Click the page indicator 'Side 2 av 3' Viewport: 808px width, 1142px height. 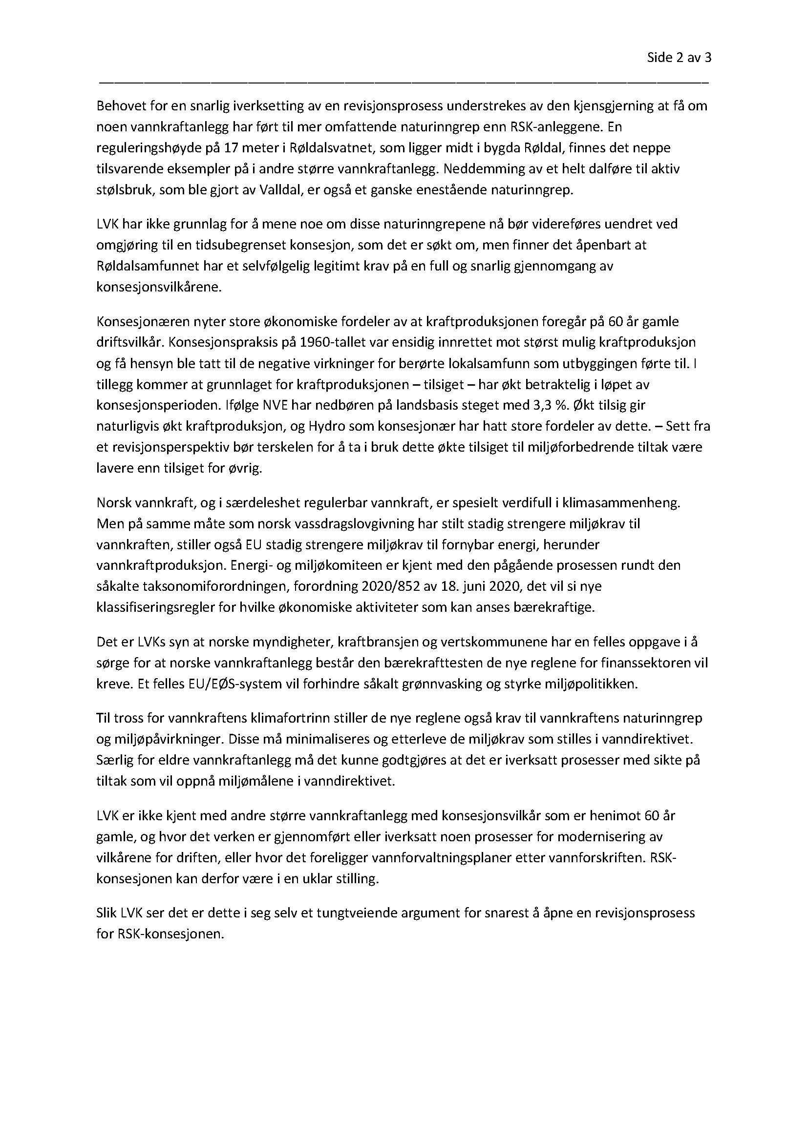[679, 58]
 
